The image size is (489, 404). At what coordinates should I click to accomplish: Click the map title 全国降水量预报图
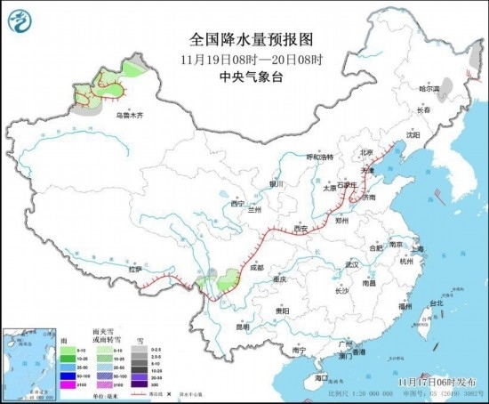(x=239, y=39)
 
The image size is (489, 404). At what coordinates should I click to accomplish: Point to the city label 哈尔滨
(x=430, y=89)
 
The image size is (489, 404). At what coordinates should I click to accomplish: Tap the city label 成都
(x=256, y=266)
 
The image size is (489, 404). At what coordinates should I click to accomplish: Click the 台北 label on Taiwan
(x=436, y=303)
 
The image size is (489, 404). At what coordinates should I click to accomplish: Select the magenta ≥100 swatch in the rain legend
(x=67, y=387)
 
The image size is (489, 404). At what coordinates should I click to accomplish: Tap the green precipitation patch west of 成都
(x=228, y=279)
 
